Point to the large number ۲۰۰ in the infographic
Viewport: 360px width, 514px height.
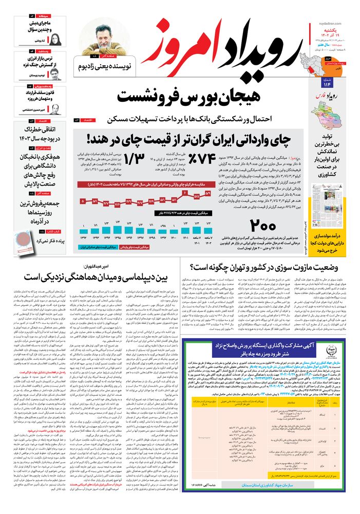point(265,226)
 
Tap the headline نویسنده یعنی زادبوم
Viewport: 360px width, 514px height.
point(106,67)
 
